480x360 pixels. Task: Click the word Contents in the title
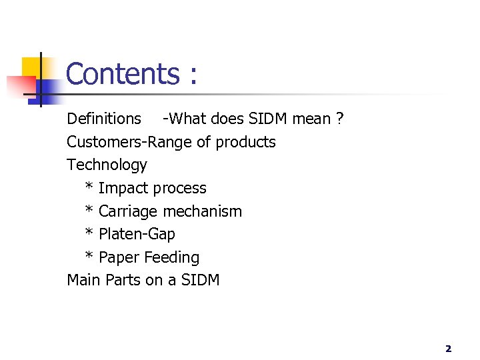pos(122,73)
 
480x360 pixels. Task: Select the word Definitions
pos(104,119)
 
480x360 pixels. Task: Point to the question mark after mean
pos(339,119)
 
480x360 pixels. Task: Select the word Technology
pos(107,165)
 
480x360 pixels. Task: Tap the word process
pos(180,189)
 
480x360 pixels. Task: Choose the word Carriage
pos(128,211)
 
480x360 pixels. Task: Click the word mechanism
pos(203,211)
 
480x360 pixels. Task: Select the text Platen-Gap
pos(137,234)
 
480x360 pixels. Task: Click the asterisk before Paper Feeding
pos(89,256)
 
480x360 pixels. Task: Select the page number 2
pos(448,348)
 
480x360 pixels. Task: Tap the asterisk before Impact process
pos(89,187)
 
